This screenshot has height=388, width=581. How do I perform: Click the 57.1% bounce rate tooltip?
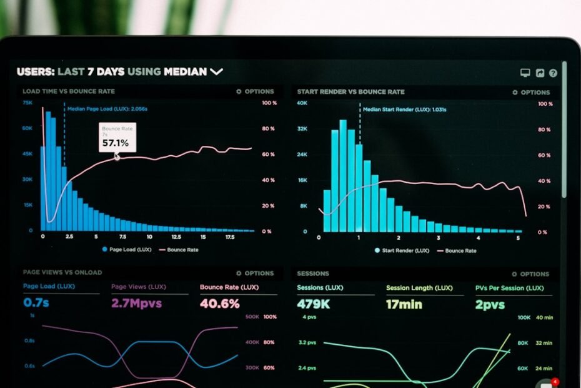tap(116, 138)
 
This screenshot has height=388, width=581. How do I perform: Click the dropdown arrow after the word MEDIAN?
tap(216, 72)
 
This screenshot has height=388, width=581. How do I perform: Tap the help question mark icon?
tap(553, 73)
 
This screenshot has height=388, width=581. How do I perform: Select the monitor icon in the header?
tap(525, 73)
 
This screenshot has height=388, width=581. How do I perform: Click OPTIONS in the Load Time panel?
tap(255, 91)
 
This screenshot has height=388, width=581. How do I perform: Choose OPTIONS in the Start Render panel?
tap(531, 92)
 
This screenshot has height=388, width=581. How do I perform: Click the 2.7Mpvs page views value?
tap(136, 304)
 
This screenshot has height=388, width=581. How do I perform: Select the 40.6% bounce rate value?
tap(219, 304)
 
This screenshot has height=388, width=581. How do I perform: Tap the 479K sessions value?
tap(314, 305)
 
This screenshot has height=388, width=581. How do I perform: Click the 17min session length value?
tap(404, 305)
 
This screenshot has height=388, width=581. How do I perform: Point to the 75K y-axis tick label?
tap(27, 102)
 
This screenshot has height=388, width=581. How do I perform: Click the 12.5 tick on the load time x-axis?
tap(176, 237)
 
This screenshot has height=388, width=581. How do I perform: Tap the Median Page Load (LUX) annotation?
tap(107, 108)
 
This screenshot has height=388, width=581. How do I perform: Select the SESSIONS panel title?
tap(313, 273)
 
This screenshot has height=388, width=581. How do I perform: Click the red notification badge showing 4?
tap(555, 381)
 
